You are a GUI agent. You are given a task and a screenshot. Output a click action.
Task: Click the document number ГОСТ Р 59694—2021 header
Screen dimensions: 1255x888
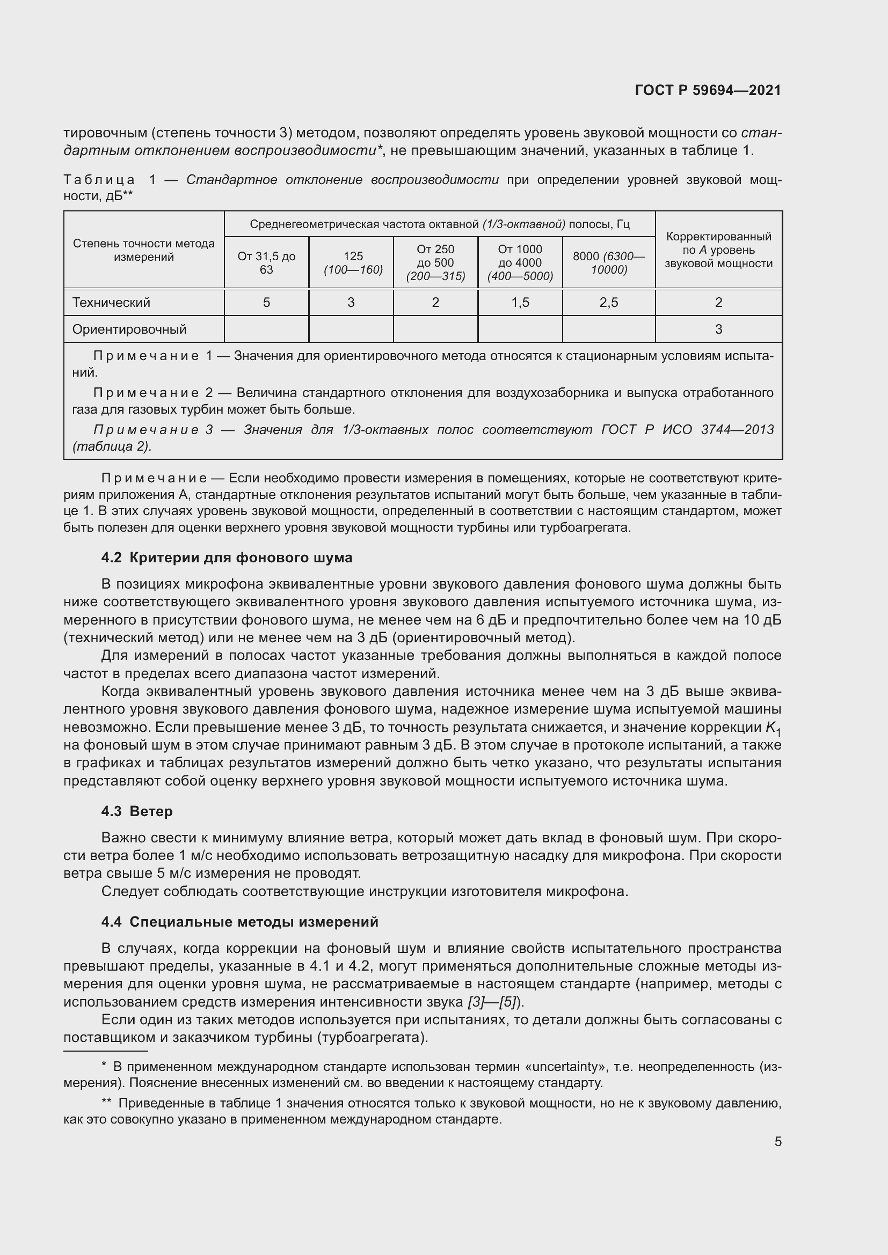point(708,91)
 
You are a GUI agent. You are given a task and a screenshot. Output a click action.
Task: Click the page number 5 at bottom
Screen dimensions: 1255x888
point(777,1141)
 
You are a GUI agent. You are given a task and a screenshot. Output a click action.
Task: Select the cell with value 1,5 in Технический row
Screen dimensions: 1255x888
point(520,302)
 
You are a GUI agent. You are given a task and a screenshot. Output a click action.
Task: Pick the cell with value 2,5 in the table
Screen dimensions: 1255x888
point(609,302)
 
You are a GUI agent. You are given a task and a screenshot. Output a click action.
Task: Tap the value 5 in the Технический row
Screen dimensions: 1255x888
point(266,302)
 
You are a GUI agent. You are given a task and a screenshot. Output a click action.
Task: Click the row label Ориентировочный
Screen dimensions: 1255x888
point(129,329)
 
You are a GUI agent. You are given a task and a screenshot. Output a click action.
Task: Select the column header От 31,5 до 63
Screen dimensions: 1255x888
point(266,263)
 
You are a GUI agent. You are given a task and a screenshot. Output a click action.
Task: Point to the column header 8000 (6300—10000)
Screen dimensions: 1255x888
point(609,263)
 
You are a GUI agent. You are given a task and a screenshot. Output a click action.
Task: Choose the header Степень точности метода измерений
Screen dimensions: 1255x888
point(144,251)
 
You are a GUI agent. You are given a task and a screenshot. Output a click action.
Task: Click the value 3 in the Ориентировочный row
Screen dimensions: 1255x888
point(718,329)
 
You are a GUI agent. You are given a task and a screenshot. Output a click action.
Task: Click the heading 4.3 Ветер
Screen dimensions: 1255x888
point(137,811)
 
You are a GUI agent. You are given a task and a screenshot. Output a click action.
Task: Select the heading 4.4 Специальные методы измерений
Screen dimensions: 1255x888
point(239,922)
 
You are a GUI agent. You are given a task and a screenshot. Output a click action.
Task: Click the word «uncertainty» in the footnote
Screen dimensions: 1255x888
point(566,1067)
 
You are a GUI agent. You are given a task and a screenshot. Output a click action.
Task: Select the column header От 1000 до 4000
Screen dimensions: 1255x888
point(520,263)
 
